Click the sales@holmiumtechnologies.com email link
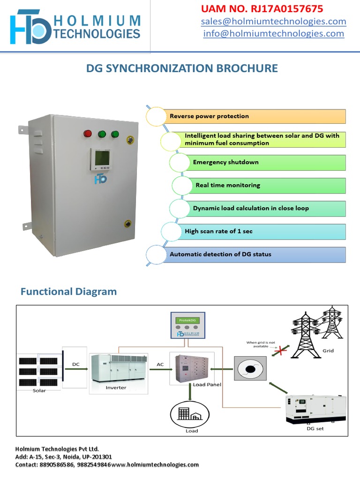274,22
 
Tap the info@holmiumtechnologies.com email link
274,34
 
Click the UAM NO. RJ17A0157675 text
262,9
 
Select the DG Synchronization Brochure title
182,68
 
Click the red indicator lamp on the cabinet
88,134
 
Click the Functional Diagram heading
68,292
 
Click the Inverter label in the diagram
116,388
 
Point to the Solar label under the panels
39,390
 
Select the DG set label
315,428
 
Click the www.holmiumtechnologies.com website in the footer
155,465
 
